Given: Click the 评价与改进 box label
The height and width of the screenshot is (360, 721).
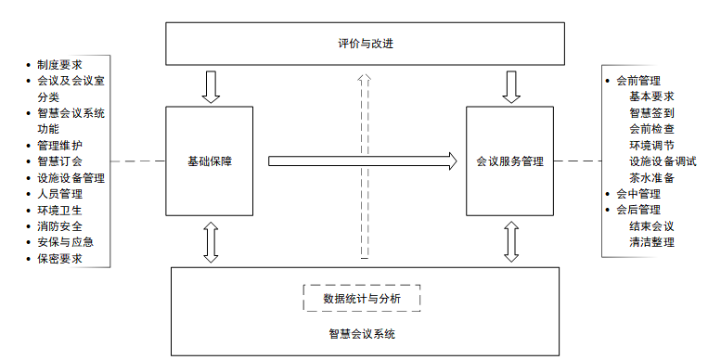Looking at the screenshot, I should pos(367,44).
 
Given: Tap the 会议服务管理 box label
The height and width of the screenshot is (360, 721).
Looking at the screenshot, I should pos(509,161).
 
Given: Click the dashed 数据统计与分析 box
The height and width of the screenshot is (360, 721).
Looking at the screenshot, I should pos(362,298).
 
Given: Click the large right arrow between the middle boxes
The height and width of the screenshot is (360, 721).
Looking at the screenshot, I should pos(363,161).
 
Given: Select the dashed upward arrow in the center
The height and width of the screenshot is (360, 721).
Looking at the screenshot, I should pos(364,167).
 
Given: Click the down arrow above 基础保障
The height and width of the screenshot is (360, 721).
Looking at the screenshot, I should pos(211,87).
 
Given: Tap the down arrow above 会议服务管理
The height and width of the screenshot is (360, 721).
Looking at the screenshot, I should pos(510,87).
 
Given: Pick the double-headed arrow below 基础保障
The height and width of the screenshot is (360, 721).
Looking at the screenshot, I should pos(211,242).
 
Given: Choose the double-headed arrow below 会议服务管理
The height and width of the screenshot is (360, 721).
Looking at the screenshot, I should pos(510,242).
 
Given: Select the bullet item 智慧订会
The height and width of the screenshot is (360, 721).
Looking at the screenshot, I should pos(60,161).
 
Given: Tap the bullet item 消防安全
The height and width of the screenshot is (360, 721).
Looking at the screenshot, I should pos(60,225).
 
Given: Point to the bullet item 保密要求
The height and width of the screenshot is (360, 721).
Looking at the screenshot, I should pos(60,258).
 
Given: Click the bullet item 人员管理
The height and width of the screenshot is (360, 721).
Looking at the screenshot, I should pos(60,194).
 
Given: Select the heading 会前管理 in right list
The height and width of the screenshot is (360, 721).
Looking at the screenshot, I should pos(638,81).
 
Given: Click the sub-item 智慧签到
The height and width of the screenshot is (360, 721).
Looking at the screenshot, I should pos(651,112).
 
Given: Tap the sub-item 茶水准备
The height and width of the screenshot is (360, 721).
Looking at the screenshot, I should pos(651,177).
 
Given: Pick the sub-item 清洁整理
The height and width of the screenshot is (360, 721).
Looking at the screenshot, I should pos(651,242).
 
